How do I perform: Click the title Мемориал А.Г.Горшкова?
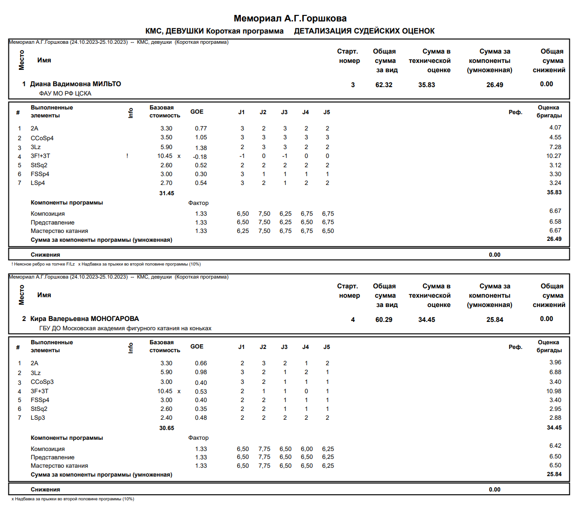290,19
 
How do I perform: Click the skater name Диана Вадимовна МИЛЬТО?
75,84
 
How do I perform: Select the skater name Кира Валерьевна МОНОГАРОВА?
84,319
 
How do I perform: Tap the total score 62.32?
384,85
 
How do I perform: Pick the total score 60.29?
384,320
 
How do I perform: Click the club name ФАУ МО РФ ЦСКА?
65,94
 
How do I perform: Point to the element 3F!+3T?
41,156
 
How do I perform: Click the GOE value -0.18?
200,157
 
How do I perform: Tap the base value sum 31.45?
166,193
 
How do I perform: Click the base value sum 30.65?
166,428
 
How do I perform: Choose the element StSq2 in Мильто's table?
39,165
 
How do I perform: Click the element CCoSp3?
42,382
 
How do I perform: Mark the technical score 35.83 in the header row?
426,85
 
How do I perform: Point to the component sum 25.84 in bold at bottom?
554,474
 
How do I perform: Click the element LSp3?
38,418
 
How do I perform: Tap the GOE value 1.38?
201,148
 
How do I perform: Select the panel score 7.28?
555,147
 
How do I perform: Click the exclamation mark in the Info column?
127,156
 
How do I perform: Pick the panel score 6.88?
555,372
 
